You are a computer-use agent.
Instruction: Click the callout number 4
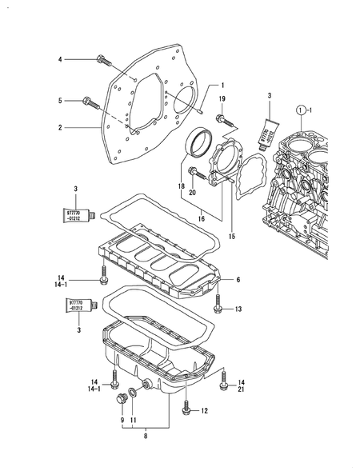click(x=60, y=59)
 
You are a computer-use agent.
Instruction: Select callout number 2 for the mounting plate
click(x=60, y=126)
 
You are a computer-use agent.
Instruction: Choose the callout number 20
click(x=193, y=193)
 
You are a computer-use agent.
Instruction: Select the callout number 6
click(x=238, y=279)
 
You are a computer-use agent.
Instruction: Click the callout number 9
click(x=123, y=421)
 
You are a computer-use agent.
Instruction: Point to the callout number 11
click(x=134, y=421)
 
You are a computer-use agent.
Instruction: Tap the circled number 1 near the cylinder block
click(x=302, y=109)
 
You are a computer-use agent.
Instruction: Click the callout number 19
click(x=222, y=97)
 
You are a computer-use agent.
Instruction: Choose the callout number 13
click(x=238, y=309)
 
